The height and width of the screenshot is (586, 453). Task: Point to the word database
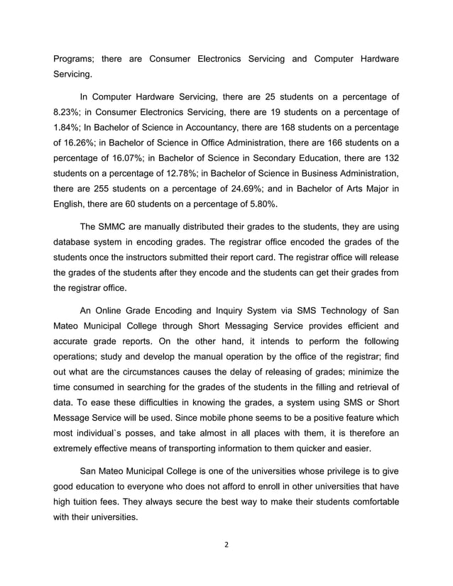pos(77,243)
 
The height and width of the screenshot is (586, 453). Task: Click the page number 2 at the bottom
pos(226,545)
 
